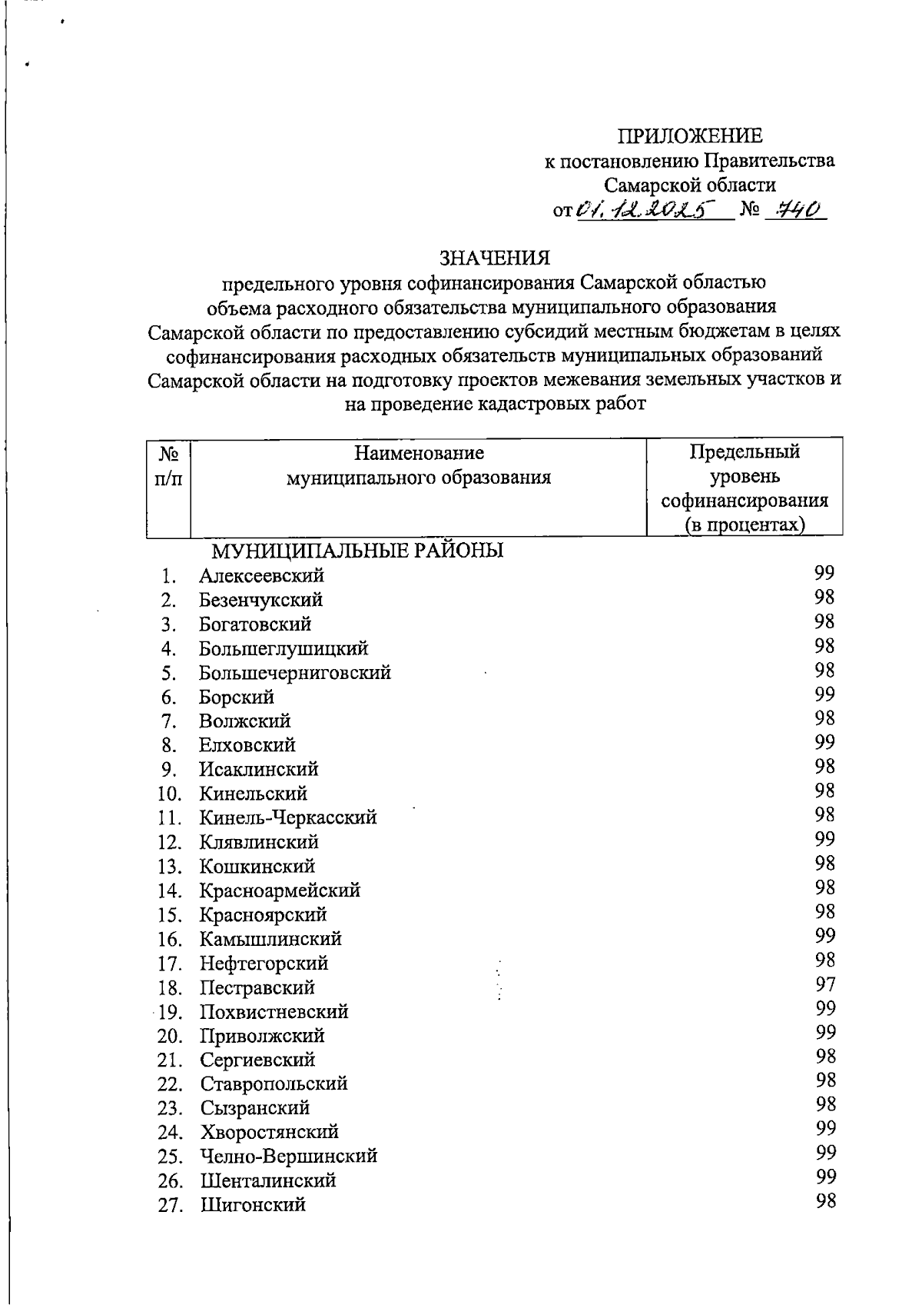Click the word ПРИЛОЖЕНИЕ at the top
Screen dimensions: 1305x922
[691, 136]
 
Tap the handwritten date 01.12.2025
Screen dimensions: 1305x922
[645, 210]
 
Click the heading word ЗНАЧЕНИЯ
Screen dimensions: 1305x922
[495, 258]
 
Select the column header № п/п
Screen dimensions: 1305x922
[168, 466]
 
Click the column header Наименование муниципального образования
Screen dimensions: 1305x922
[419, 465]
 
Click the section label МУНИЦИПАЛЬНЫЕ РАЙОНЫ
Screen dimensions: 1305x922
[357, 551]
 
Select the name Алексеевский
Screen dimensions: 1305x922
[261, 576]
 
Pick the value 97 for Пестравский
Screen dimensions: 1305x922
[824, 984]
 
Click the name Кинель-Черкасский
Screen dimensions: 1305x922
[288, 818]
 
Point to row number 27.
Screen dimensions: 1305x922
[170, 1205]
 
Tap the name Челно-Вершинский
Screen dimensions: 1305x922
[289, 1157]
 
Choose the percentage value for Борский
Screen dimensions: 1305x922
[824, 694]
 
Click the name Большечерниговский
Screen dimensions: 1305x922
[295, 673]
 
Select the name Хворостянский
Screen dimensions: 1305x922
[270, 1132]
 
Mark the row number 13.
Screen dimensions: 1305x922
[169, 867]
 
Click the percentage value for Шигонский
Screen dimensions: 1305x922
[825, 1202]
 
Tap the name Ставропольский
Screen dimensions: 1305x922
[274, 1084]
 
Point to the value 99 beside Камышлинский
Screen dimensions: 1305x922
[824, 936]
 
